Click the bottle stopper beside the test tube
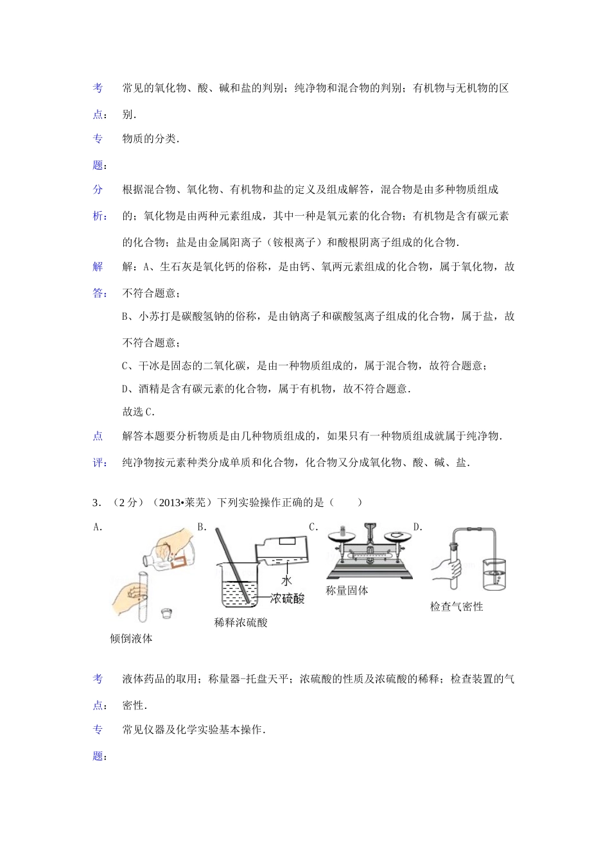(x=166, y=613)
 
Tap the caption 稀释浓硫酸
(x=241, y=622)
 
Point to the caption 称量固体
(x=347, y=591)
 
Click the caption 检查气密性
(x=457, y=606)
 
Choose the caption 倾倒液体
(x=132, y=638)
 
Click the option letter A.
(x=98, y=527)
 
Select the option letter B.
(x=202, y=527)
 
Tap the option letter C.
(x=313, y=527)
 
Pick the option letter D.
(x=417, y=527)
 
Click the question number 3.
(x=96, y=502)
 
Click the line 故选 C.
(x=138, y=412)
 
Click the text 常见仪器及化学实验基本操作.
(x=193, y=730)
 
